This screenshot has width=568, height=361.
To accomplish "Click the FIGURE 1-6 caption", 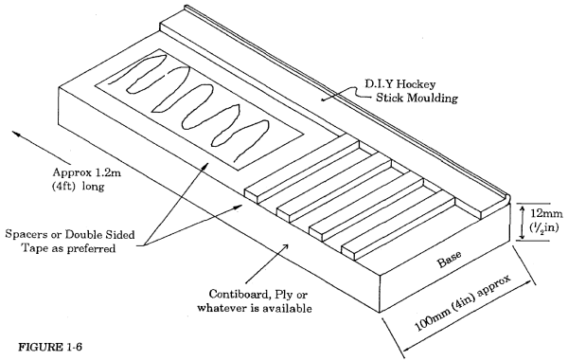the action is tap(50, 347).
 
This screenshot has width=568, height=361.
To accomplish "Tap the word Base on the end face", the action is tap(450, 259).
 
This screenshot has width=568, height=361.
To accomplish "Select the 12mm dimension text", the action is tap(546, 213).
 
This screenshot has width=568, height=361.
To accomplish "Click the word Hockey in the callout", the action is tap(417, 84).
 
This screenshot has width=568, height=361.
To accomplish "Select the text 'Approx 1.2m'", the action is tap(87, 172).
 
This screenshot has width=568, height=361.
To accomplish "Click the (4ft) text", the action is tap(64, 187).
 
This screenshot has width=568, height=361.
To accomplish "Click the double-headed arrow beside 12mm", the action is tap(522, 221).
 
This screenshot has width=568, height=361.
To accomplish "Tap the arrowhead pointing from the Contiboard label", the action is tap(286, 245).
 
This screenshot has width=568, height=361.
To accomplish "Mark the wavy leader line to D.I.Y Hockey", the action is tap(345, 92).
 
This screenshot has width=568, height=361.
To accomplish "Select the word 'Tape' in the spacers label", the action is tap(32, 248).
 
